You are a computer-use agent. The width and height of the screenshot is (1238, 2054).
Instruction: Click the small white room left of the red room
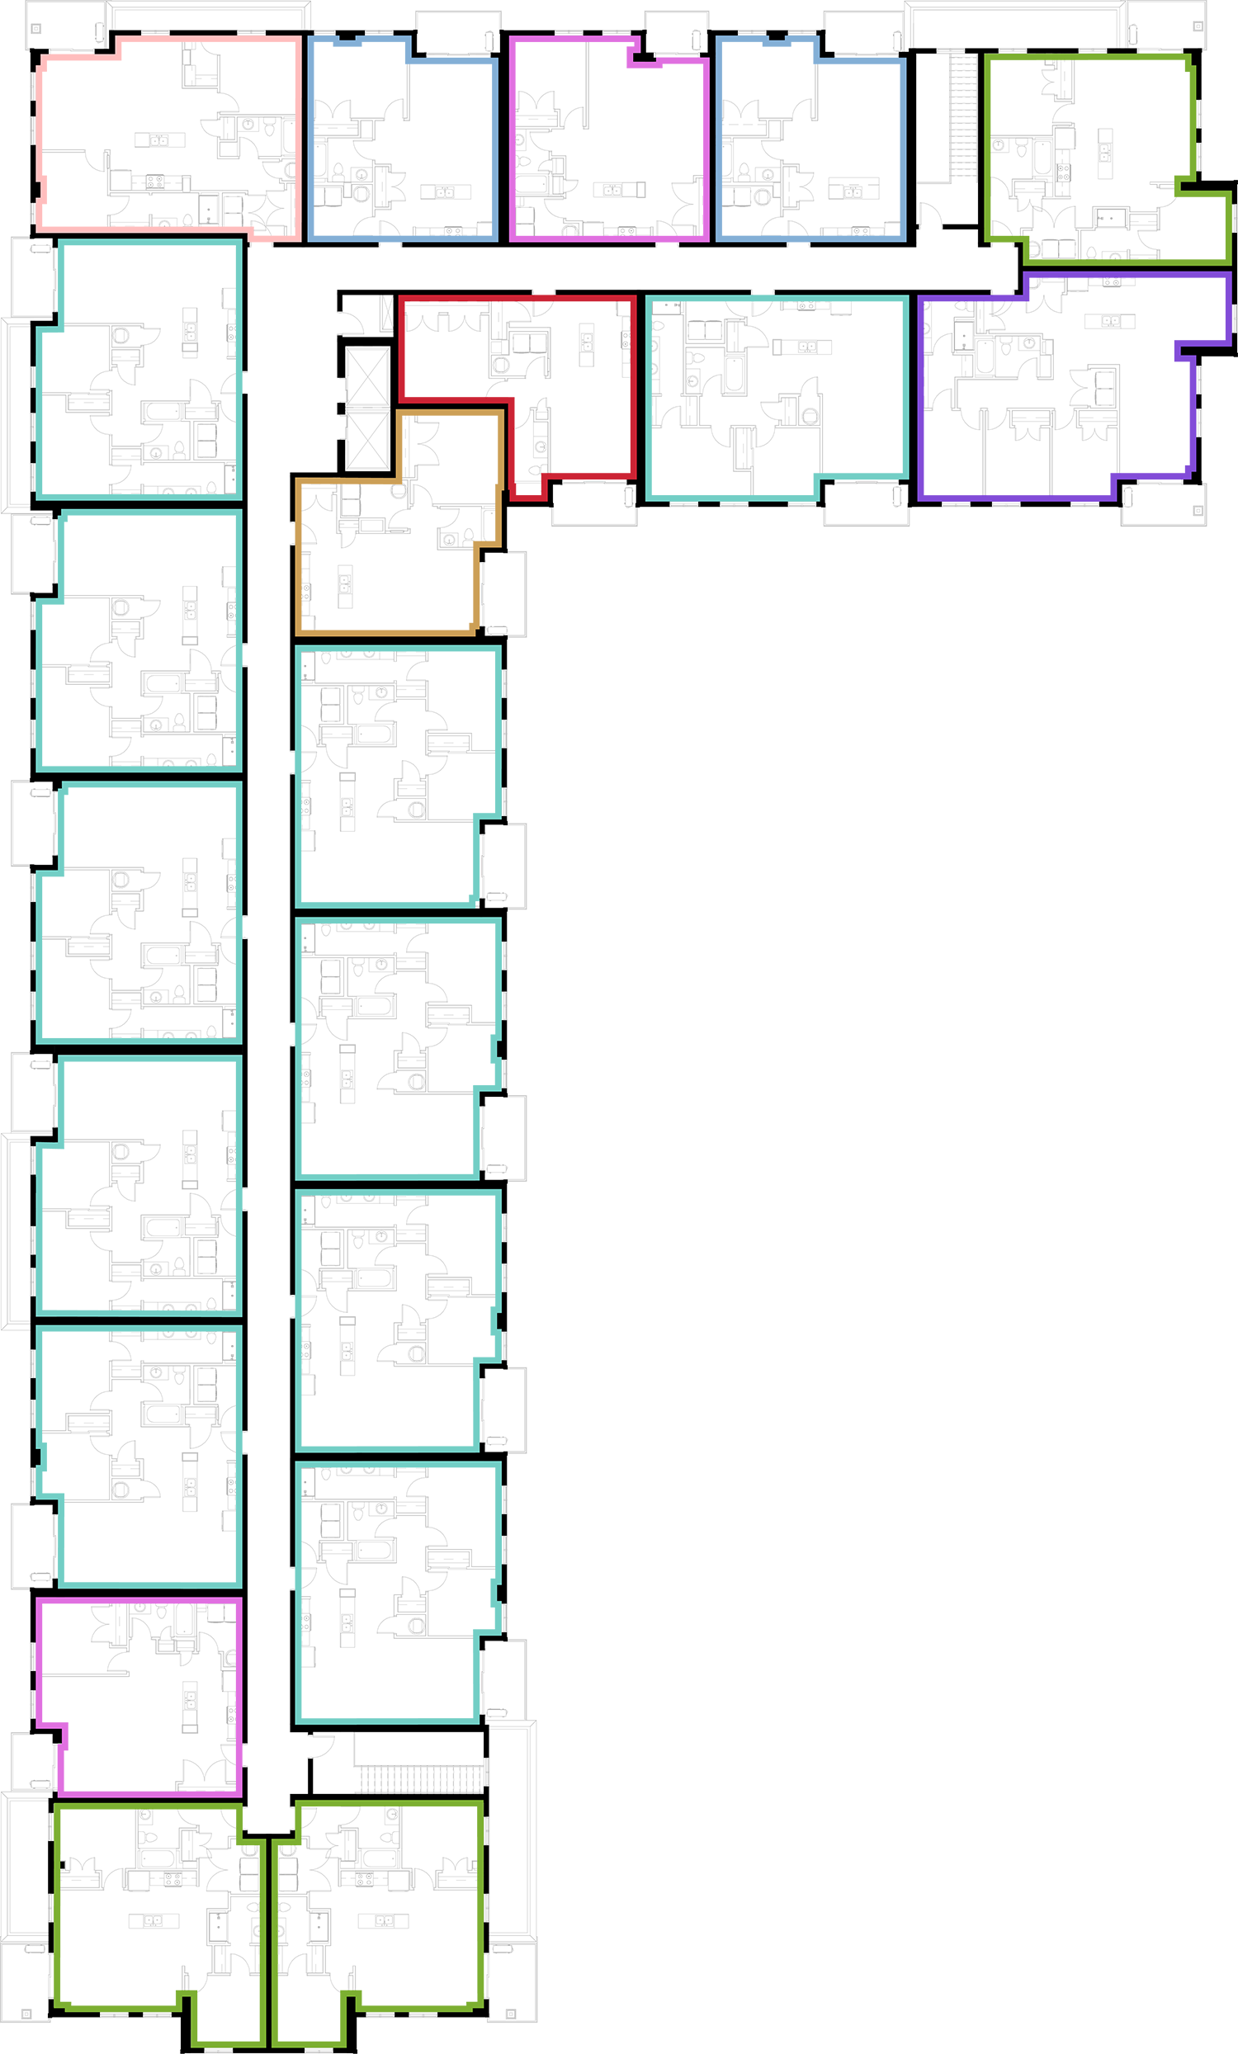point(366,408)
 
